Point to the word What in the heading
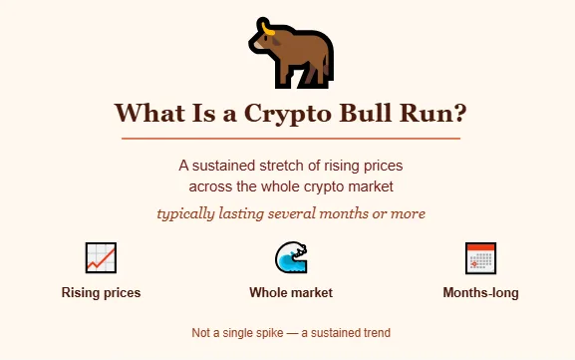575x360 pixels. coord(150,114)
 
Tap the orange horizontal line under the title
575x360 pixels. coord(290,138)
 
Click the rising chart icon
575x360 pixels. coord(101,258)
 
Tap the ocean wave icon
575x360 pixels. coord(290,258)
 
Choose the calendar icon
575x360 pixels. coord(480,258)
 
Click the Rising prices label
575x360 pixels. coord(101,293)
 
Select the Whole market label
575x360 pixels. coord(290,293)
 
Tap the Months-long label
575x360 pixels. coord(480,293)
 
